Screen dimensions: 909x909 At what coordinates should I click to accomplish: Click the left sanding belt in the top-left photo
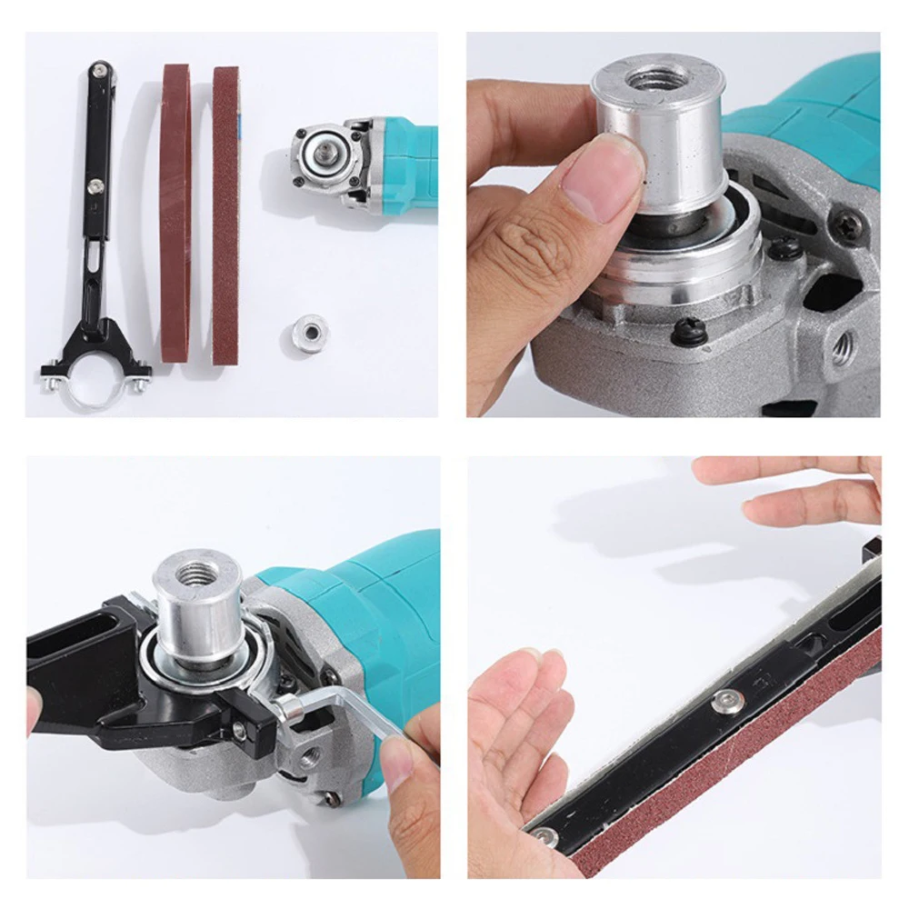[175, 214]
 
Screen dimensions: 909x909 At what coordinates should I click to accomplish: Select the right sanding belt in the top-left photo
[225, 214]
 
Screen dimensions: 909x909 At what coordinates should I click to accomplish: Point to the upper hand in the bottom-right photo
[800, 491]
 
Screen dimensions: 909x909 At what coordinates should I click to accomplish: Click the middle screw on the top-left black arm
[95, 186]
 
